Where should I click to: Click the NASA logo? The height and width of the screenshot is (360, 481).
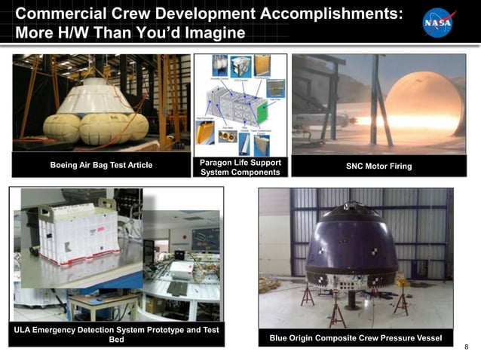tap(438, 23)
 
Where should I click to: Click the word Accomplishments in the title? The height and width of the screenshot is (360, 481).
tap(326, 14)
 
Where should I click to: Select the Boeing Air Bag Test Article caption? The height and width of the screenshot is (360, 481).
tap(101, 166)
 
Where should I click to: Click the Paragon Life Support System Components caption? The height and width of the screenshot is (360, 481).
tap(240, 167)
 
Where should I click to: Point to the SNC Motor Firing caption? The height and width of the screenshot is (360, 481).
tap(378, 166)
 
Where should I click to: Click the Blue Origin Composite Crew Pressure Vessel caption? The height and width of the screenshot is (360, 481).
tap(356, 338)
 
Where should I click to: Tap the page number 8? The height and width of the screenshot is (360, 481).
tap(467, 347)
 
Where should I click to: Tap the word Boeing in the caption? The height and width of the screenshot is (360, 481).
tap(66, 166)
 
